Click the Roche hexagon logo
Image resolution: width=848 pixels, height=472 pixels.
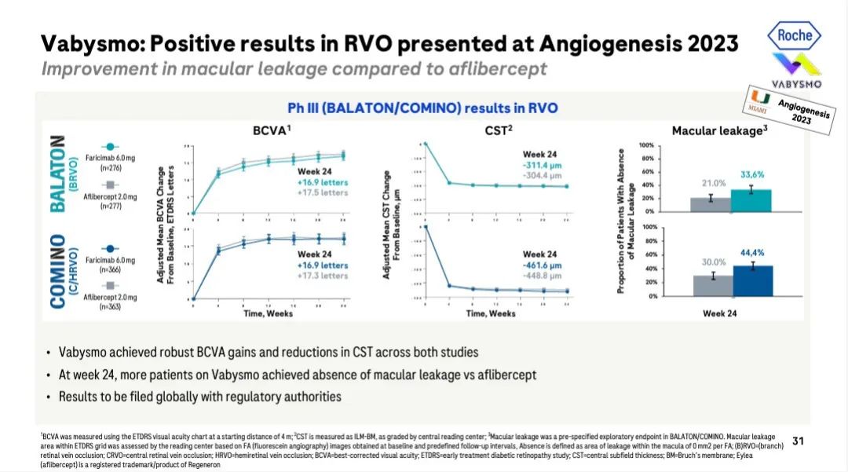(794, 34)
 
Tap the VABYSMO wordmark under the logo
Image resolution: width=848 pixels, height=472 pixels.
(795, 84)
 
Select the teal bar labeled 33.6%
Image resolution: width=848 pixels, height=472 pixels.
(751, 200)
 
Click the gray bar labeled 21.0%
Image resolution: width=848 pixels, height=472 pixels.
(711, 204)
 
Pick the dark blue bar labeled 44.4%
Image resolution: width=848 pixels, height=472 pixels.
(751, 280)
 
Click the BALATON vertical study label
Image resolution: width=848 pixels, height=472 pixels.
(56, 173)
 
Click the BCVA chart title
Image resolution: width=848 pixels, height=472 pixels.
(273, 131)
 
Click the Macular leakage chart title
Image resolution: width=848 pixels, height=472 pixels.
(718, 131)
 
